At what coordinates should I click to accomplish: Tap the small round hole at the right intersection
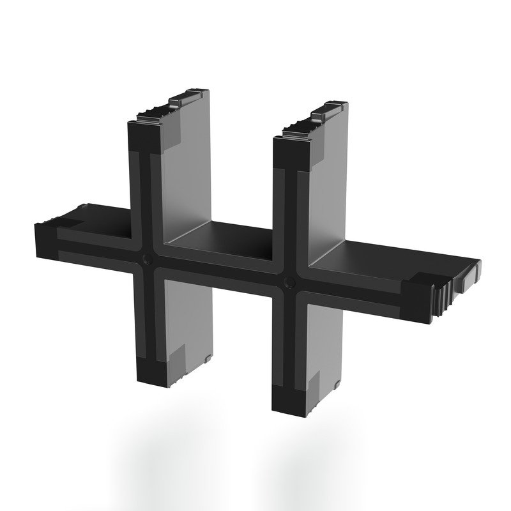(289, 282)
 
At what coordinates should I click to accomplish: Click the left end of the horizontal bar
(43, 230)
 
